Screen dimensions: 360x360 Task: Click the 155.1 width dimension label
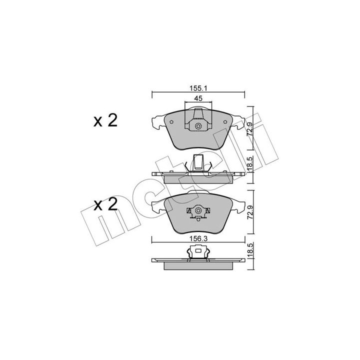pyautogui.click(x=198, y=88)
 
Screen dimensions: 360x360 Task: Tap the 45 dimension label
pyautogui.click(x=198, y=98)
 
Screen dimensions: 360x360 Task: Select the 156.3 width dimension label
pyautogui.click(x=198, y=239)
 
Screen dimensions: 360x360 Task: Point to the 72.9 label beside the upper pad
pyautogui.click(x=250, y=129)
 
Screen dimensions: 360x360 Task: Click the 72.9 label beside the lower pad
pyautogui.click(x=250, y=212)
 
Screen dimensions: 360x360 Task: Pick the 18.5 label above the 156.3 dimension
pyautogui.click(x=250, y=164)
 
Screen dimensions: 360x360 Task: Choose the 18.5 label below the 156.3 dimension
pyautogui.click(x=250, y=250)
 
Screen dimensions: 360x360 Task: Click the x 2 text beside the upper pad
pyautogui.click(x=105, y=120)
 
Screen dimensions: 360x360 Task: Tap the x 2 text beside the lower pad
pyautogui.click(x=105, y=204)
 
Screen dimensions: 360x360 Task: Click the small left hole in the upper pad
pyautogui.click(x=171, y=122)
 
